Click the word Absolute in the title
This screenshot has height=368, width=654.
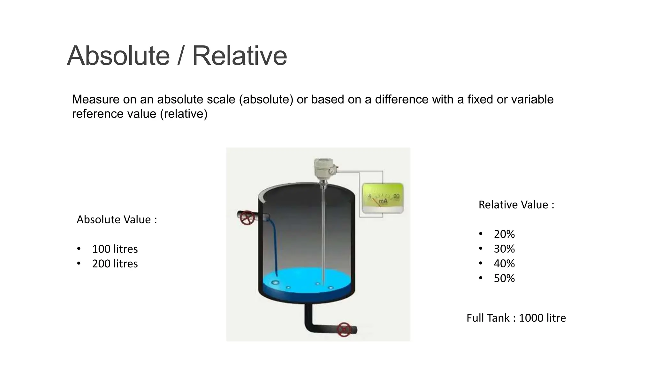118,56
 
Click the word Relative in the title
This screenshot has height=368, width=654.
240,56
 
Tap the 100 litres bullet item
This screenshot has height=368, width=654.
115,249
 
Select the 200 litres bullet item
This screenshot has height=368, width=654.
115,264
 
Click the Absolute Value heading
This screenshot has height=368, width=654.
117,219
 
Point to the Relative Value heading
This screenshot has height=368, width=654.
516,205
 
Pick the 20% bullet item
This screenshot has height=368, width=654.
504,234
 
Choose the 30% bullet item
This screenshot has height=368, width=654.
504,249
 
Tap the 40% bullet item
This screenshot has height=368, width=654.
504,264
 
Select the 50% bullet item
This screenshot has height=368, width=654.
504,278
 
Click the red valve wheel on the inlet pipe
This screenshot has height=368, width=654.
247,218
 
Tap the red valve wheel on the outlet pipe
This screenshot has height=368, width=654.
344,330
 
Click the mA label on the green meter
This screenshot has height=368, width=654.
383,201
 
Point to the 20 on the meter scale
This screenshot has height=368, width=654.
396,196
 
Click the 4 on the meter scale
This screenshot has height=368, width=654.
369,196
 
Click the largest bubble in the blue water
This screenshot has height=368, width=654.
275,282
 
